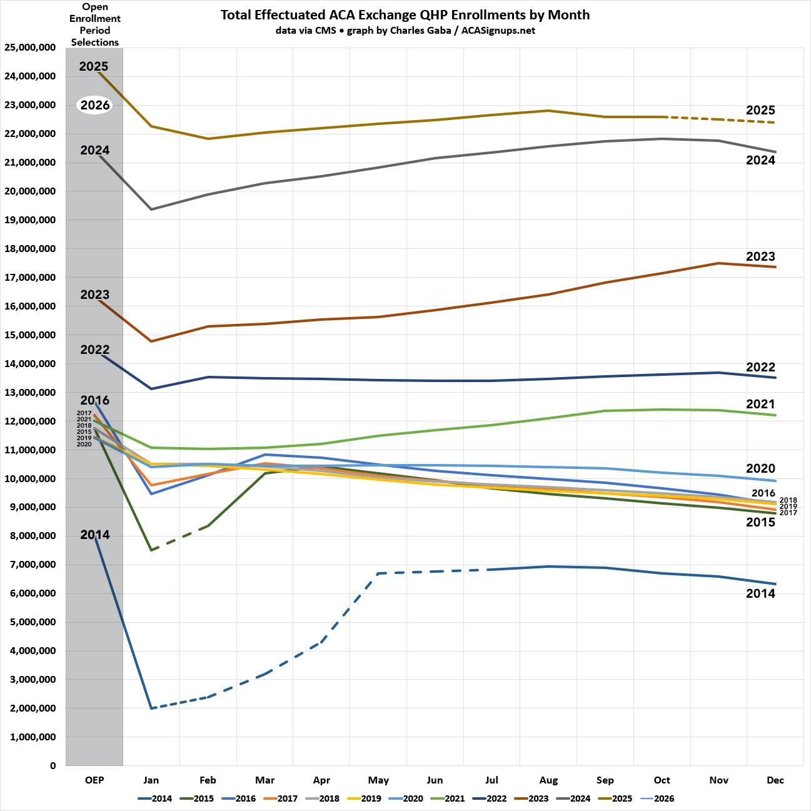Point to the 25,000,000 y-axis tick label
(x=30, y=48)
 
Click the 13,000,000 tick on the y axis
(x=30, y=393)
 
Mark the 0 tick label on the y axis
(x=53, y=766)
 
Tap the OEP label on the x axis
(x=94, y=780)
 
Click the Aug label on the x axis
(x=548, y=780)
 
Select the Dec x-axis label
(x=775, y=780)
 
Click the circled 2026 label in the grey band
(x=95, y=105)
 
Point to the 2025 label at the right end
(x=760, y=111)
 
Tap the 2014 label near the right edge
(x=760, y=593)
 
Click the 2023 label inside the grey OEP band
(x=95, y=295)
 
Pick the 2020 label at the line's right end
(x=760, y=468)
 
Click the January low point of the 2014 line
(x=151, y=708)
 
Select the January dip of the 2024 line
(x=151, y=209)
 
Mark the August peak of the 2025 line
(x=548, y=111)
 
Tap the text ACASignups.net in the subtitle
(x=498, y=30)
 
